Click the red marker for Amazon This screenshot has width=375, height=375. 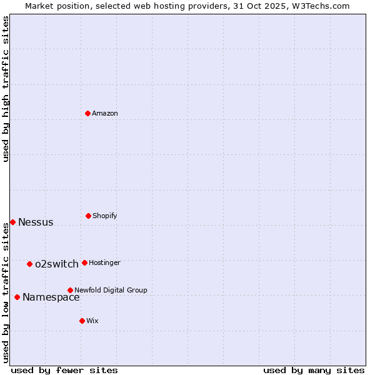tap(88, 113)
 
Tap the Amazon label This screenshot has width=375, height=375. tap(105, 113)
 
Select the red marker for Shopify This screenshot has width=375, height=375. tap(88, 216)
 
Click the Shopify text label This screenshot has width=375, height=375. tap(105, 216)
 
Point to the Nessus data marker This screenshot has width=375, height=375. tap(12, 222)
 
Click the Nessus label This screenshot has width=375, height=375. tap(36, 222)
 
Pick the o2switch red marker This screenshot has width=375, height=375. tap(29, 264)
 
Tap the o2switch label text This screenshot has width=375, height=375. tap(57, 264)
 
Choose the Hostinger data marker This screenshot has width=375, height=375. tap(84, 262)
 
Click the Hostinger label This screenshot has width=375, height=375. tap(104, 262)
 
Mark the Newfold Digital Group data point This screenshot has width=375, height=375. tap(70, 290)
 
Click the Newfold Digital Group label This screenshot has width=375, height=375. tap(111, 290)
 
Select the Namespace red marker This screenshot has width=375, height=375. tap(17, 297)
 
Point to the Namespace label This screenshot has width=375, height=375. tap(51, 297)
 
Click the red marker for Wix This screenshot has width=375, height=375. tap(82, 321)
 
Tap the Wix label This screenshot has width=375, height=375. tap(92, 321)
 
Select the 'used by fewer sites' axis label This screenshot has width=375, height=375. tap(64, 370)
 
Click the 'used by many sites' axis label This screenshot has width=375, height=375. tap(314, 370)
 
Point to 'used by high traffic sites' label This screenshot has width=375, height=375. tap(6, 89)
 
